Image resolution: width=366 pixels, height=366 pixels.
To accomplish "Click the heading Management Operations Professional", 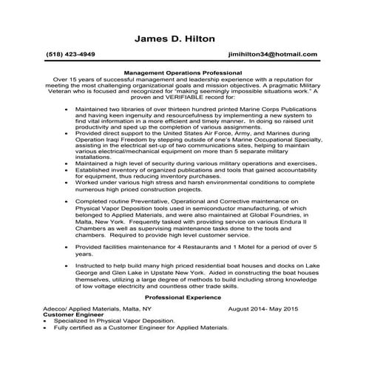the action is pos(183,72).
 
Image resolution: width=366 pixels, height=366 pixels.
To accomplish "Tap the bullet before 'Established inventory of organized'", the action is pos(66,171).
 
